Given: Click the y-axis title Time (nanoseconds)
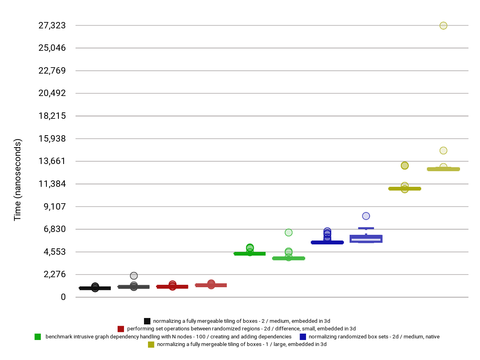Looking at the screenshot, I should point(18,180).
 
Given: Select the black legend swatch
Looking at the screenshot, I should point(147,321).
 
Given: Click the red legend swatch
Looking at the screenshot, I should point(121,329).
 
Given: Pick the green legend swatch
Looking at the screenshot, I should point(38,337).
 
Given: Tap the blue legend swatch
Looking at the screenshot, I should point(303,337).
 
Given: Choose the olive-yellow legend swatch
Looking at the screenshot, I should point(151,344).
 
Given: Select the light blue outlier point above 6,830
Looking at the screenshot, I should point(366,216).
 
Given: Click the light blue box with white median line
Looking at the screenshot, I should point(366,239).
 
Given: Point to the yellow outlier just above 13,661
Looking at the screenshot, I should point(443,150).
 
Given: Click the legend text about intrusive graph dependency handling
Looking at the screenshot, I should point(168,337).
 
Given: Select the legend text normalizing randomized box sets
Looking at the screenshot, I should point(374,337).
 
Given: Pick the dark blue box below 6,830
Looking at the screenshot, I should point(327,242).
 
